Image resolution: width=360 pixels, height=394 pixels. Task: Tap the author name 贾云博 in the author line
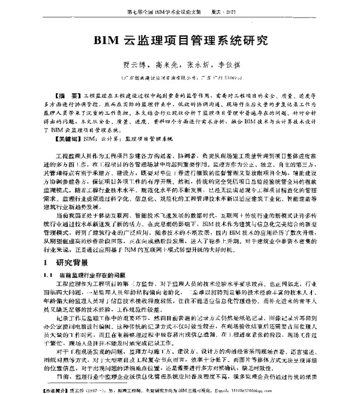132,65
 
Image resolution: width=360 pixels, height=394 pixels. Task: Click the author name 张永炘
197,65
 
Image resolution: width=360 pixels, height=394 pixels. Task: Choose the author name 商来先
164,65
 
